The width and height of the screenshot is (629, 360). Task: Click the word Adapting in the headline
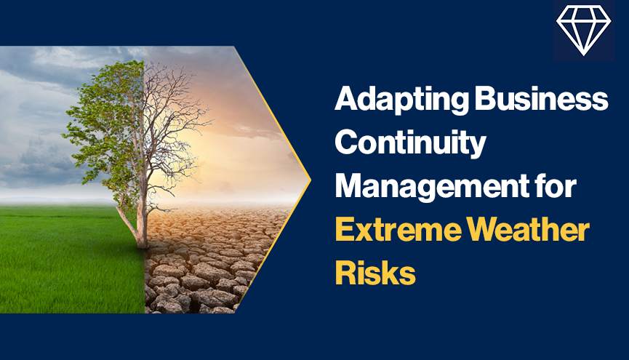pos(401,100)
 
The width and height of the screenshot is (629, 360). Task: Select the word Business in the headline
pos(542,98)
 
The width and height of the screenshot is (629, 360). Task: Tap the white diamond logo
pos(584,31)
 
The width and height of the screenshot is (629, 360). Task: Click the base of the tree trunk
pos(141,243)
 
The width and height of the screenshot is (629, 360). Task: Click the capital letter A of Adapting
pos(348,98)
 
